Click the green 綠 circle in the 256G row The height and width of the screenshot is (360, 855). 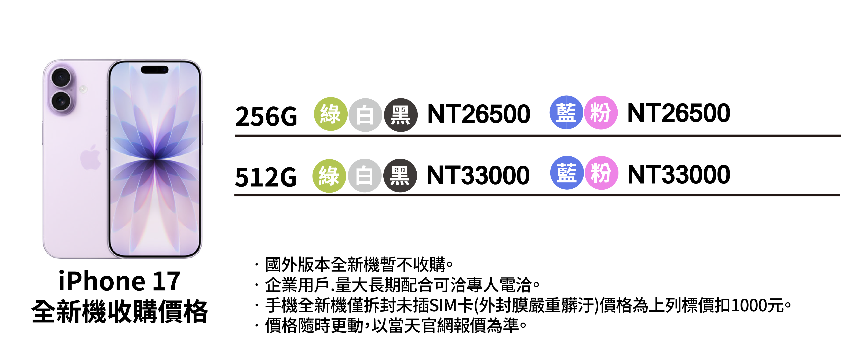(330, 114)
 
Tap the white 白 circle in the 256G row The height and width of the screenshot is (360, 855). (365, 115)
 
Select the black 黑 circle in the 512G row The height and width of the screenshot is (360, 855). (400, 175)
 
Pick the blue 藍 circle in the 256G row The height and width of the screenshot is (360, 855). (566, 112)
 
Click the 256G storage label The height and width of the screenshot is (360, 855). (266, 117)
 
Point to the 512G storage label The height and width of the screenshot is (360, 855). (266, 177)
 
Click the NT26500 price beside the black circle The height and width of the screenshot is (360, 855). (479, 114)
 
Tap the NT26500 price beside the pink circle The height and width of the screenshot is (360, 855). (678, 113)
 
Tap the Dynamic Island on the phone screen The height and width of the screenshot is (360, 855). (155, 70)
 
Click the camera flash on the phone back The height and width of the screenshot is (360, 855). (83, 89)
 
